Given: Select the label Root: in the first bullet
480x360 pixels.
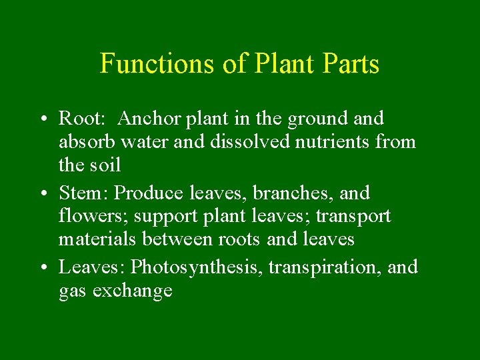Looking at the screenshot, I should point(80,119).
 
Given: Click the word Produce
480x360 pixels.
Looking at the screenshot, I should point(149,193).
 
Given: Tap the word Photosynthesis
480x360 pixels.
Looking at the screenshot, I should point(198,268).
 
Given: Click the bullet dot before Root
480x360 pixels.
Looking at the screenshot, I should point(41,119).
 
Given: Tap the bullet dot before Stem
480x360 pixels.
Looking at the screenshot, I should point(41,194).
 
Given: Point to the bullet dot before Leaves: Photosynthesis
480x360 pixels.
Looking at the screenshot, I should point(41,268).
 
